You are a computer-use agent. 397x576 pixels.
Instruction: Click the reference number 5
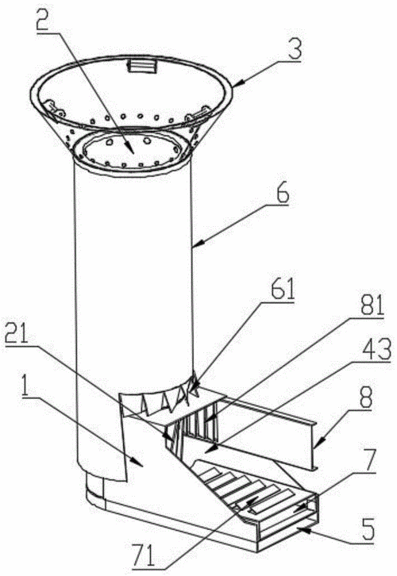click(x=368, y=528)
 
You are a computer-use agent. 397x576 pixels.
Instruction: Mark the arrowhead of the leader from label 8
click(x=315, y=447)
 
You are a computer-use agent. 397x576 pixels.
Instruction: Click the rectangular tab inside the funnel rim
click(x=141, y=67)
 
